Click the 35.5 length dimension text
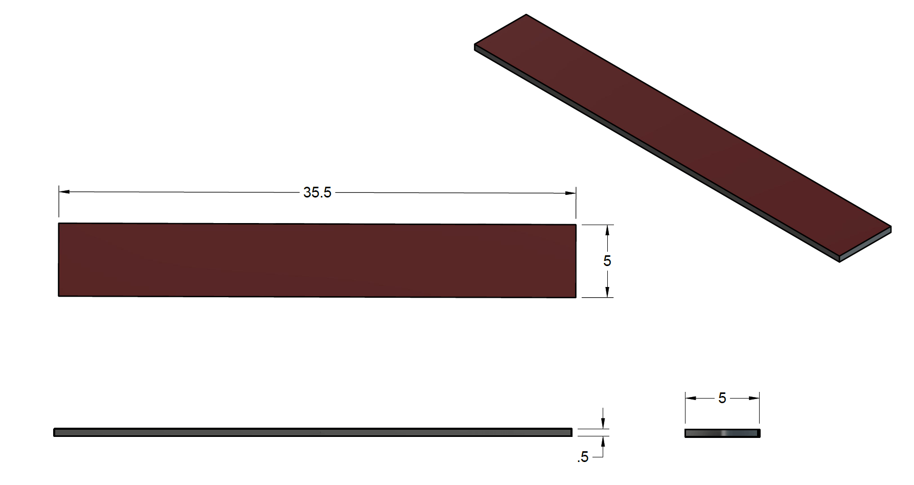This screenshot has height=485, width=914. click(x=317, y=193)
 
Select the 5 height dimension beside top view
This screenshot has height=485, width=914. click(x=607, y=261)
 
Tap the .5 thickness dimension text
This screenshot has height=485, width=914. click(x=583, y=457)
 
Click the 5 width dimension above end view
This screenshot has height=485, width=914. click(x=722, y=398)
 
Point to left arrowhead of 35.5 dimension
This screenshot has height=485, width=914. click(x=64, y=192)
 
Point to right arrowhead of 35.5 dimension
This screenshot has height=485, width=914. click(x=570, y=193)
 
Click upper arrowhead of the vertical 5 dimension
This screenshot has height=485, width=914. click(x=607, y=230)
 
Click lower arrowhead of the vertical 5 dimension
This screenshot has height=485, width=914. click(x=607, y=292)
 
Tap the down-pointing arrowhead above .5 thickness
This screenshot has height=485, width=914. click(x=603, y=424)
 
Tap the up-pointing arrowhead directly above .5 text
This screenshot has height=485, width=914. click(x=603, y=441)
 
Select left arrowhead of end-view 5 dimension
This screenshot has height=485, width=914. click(x=691, y=398)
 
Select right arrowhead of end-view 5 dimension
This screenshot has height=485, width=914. click(x=753, y=398)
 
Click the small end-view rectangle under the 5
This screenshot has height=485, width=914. click(x=705, y=433)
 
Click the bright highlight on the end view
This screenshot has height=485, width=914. click(x=724, y=433)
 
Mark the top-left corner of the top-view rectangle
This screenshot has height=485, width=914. click(x=59, y=224)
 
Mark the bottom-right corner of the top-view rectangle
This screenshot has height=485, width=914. click(x=576, y=297)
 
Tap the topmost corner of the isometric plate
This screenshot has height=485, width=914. click(x=526, y=14)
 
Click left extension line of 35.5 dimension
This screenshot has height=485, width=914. click(x=59, y=205)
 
